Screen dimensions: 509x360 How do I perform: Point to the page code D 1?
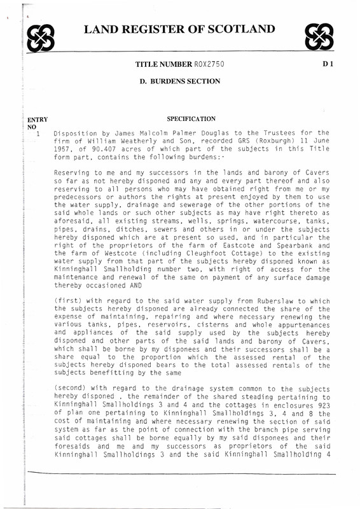(x=328, y=66)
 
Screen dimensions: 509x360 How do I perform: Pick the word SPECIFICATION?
(x=191, y=118)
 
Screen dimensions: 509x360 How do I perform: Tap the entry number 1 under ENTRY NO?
(x=38, y=134)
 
